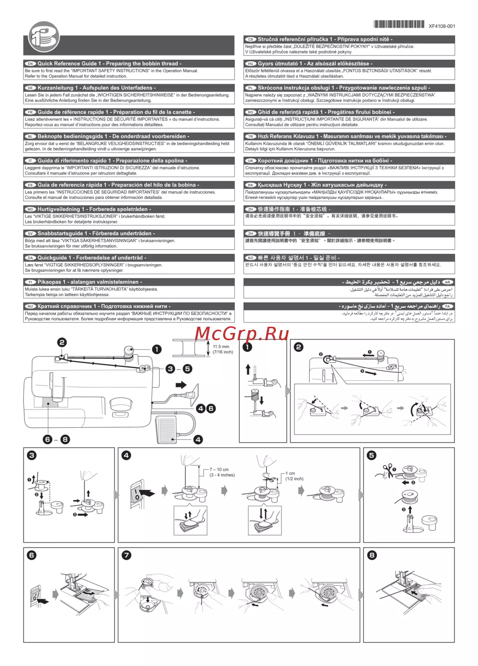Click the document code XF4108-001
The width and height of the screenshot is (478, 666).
[442, 26]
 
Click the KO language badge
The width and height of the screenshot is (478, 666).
[251, 258]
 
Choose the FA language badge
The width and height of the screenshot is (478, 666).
[448, 306]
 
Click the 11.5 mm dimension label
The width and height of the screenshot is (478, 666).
[221, 346]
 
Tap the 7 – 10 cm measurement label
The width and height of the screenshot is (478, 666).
[219, 469]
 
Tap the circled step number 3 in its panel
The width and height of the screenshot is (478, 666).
[32, 455]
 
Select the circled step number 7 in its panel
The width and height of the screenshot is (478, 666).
[126, 555]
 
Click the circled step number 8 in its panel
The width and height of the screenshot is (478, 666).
[372, 555]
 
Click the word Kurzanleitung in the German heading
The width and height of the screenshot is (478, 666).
[55, 88]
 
